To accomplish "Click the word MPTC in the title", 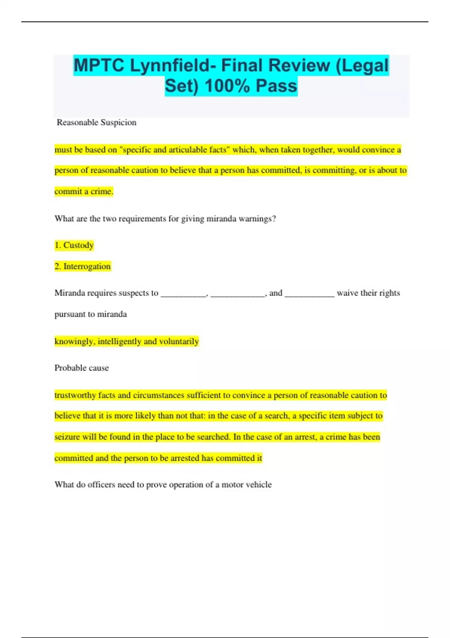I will tap(99, 66).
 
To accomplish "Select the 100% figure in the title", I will tap(227, 86).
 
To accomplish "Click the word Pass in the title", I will tap(277, 86).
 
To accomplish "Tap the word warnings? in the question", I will tap(257, 218).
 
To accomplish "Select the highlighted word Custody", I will tap(78, 245).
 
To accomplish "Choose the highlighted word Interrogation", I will tap(87, 266).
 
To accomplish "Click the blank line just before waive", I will tap(309, 293).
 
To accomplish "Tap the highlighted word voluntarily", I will tap(179, 342).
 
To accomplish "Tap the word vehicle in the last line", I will tap(259, 485).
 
